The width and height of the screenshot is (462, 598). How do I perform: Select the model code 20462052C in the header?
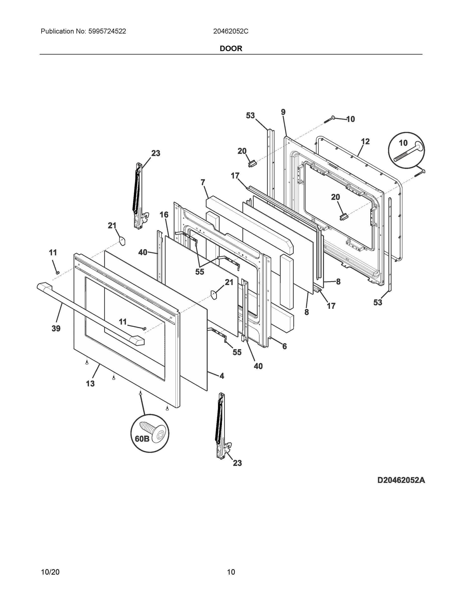pyautogui.click(x=231, y=31)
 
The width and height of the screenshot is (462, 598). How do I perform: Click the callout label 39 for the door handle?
pyautogui.click(x=56, y=328)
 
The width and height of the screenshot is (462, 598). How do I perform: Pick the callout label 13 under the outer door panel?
pyautogui.click(x=90, y=384)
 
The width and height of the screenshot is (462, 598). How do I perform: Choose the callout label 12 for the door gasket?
pyautogui.click(x=365, y=141)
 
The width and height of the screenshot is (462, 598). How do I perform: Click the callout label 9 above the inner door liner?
pyautogui.click(x=283, y=112)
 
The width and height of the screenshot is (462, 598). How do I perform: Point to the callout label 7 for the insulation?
pyautogui.click(x=203, y=182)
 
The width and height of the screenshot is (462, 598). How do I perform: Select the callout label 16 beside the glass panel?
pyautogui.click(x=164, y=215)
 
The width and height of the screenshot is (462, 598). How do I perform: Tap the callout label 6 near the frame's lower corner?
pyautogui.click(x=285, y=346)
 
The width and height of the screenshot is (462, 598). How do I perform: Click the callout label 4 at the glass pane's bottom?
pyautogui.click(x=222, y=376)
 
